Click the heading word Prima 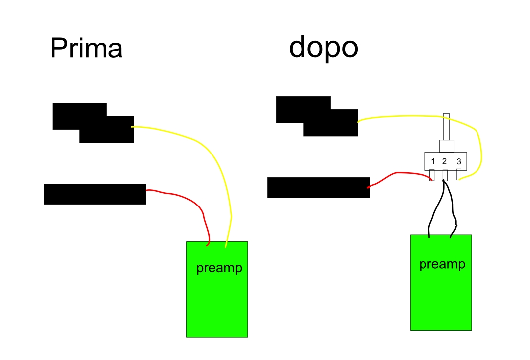pos(86,49)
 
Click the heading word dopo pos(323,48)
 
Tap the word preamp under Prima pos(219,268)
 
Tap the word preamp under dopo pos(442,264)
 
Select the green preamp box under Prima pos(216,307)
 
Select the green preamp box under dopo pos(440,302)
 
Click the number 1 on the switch pos(433,161)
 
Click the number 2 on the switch pos(445,161)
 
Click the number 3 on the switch pos(459,161)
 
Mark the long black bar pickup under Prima pos(95,194)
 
